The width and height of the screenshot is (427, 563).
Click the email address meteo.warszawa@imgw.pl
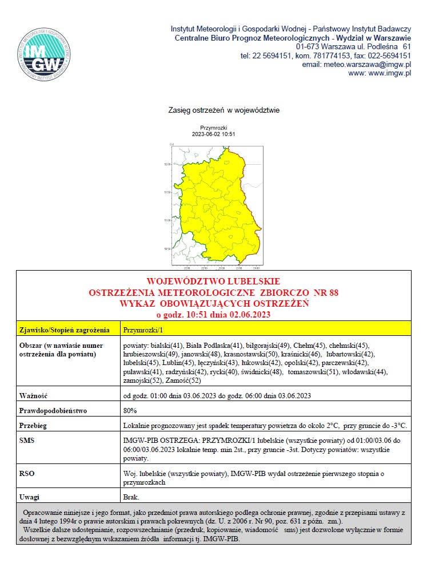pos(357,65)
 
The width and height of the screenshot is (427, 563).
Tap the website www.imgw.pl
pos(380,73)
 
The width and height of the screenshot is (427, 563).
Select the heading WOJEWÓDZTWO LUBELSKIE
pos(213,281)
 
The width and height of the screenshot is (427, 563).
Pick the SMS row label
pos(27,441)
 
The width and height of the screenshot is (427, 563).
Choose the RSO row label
pos(27,473)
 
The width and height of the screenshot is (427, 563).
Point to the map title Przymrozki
pos(214,128)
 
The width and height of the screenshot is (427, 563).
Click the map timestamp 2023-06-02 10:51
pos(214,134)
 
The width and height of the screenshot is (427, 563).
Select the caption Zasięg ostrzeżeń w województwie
pos(224,109)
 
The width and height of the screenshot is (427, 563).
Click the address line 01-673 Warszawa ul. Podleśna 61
pos(353,46)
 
